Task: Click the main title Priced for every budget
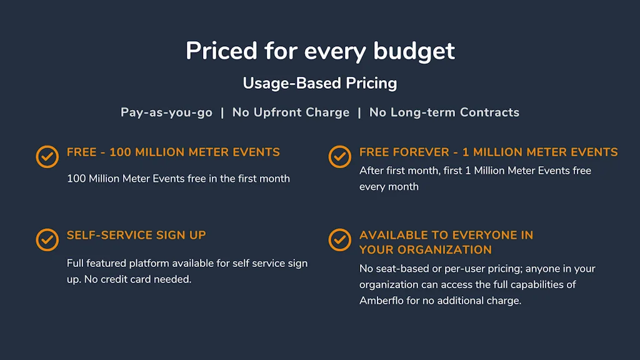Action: pyautogui.click(x=320, y=51)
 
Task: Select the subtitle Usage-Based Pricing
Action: pyautogui.click(x=320, y=83)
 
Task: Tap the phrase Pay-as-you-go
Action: pyautogui.click(x=166, y=112)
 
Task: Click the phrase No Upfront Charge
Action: pyautogui.click(x=291, y=112)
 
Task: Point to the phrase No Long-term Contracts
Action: pyautogui.click(x=444, y=112)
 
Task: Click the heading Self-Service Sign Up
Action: pyautogui.click(x=136, y=235)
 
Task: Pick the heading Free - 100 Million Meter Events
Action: pyautogui.click(x=174, y=152)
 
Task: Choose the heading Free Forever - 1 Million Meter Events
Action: pyautogui.click(x=489, y=152)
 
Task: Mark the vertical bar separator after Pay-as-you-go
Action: pyautogui.click(x=222, y=112)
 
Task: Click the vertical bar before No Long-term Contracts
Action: pyautogui.click(x=359, y=112)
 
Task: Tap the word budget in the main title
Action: pyautogui.click(x=414, y=52)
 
